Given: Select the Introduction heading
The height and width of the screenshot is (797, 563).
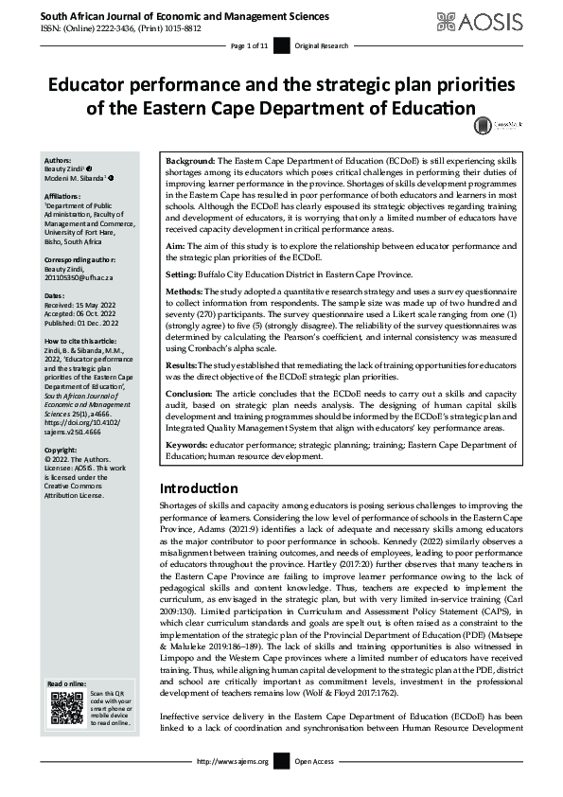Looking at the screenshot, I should click(199, 488).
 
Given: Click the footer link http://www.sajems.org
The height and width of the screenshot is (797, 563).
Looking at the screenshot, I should click(232, 787).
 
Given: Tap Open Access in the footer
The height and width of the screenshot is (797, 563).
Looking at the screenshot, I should click(315, 787).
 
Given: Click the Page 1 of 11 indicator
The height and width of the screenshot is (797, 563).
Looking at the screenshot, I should click(250, 46).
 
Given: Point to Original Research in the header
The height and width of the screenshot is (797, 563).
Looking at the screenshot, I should click(323, 46).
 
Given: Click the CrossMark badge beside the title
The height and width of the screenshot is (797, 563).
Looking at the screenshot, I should click(484, 122).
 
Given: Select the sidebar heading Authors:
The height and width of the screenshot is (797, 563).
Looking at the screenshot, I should click(60, 161).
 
